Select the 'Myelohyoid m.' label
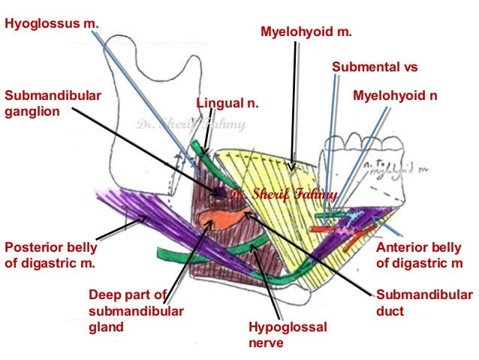(305, 32)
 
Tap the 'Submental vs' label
(373, 68)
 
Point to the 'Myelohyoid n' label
(395, 97)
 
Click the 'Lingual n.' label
(227, 103)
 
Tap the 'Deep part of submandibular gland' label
(134, 310)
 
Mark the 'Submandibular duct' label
(424, 303)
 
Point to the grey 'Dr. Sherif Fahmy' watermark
(190, 127)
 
